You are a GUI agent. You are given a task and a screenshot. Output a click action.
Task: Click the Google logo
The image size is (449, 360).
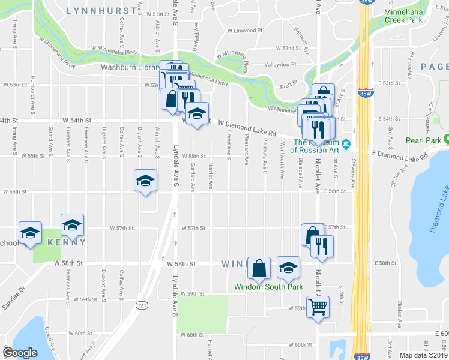tap(20, 352)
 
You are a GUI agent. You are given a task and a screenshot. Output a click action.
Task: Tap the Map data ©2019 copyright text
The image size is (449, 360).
tap(423, 355)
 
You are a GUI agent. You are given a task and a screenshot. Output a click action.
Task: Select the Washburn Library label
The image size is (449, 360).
tap(130, 68)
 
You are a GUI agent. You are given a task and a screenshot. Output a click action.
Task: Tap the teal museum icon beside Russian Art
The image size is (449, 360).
tap(346, 144)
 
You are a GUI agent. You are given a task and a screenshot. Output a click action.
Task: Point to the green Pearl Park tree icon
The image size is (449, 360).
tap(446, 140)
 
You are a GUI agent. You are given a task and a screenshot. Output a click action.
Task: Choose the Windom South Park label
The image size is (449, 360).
tap(268, 287)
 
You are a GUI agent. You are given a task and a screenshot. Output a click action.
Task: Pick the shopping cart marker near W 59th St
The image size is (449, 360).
tap(318, 307)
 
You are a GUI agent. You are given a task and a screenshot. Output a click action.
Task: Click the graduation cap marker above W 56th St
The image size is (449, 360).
tap(145, 181)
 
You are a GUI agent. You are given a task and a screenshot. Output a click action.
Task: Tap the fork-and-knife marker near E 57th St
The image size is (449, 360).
tap(322, 246)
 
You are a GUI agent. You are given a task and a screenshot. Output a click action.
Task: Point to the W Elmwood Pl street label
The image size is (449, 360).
tap(245, 30)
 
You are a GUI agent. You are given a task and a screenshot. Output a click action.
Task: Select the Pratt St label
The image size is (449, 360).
tap(289, 86)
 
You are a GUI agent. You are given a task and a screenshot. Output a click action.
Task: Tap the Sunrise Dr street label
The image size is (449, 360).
tap(14, 299)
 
